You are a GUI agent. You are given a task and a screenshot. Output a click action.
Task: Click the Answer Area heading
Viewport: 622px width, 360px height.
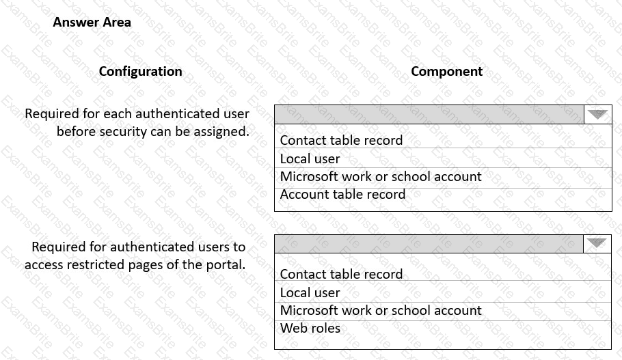(x=92, y=22)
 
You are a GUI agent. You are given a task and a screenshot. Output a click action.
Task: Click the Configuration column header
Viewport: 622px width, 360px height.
(x=140, y=71)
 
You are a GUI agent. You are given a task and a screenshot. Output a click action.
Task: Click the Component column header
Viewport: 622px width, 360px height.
(x=446, y=71)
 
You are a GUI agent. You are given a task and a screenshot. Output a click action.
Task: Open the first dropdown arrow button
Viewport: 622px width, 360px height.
(x=598, y=114)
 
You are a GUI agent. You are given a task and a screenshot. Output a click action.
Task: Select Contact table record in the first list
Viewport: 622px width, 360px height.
(x=341, y=140)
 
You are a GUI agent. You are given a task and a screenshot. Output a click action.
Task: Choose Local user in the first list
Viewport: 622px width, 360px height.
(x=310, y=158)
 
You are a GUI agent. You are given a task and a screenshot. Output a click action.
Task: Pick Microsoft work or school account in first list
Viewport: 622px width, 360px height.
(x=381, y=176)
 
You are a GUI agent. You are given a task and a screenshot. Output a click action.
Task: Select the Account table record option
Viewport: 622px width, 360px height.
(x=342, y=194)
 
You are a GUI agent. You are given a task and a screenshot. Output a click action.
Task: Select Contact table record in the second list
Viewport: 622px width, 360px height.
(x=341, y=274)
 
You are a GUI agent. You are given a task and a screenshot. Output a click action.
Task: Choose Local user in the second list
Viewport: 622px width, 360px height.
(x=310, y=292)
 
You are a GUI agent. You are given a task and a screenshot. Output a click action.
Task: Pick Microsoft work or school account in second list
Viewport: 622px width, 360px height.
(x=381, y=310)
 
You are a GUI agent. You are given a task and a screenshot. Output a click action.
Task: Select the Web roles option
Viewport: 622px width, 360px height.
(x=310, y=328)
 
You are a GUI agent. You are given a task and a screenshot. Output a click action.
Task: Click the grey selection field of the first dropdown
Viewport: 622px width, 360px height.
(x=429, y=114)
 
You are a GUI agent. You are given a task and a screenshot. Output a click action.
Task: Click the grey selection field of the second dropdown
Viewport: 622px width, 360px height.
(x=429, y=244)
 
